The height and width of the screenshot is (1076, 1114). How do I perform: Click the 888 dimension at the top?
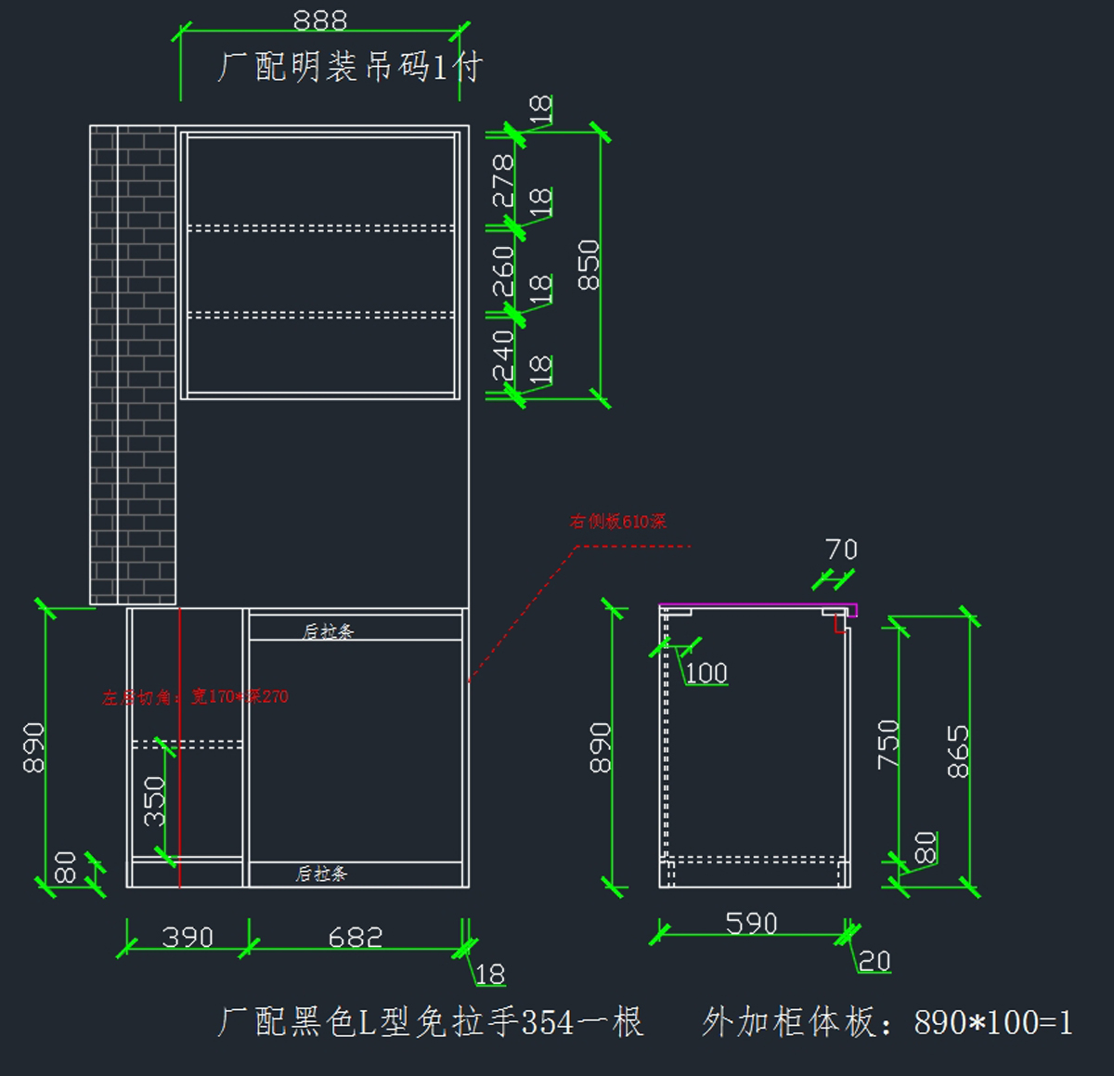pos(319,20)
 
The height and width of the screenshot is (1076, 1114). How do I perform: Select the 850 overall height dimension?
pos(589,265)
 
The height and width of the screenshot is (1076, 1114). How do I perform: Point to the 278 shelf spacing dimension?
pos(502,181)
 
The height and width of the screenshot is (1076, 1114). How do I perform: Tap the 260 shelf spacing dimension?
pos(502,271)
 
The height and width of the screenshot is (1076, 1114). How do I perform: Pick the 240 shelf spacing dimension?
pos(502,355)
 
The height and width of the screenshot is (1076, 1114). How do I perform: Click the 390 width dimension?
pos(188,937)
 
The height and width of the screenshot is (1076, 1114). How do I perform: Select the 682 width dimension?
pos(356,937)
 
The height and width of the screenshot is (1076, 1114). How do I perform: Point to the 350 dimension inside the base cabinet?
pos(154,801)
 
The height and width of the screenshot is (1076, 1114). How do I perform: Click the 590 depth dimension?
pos(751,923)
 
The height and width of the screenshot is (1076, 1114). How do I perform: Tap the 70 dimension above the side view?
pos(842,550)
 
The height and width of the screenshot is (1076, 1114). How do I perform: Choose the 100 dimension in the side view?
pos(706,672)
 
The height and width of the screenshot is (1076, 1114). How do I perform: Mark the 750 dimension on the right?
pos(887,744)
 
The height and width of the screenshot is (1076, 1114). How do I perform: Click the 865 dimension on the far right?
pos(957,751)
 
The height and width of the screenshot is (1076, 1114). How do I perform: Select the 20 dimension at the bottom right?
pos(874,961)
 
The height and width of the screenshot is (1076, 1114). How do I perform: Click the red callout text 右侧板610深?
pos(618,522)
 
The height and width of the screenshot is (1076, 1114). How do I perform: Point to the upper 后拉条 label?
pos(328,631)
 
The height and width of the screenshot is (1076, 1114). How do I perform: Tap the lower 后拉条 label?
pos(321,874)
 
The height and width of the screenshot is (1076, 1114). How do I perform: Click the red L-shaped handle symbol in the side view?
pos(840,625)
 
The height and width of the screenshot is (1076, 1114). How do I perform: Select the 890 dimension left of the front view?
pos(33,747)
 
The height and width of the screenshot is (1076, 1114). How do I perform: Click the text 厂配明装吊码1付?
pos(350,67)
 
